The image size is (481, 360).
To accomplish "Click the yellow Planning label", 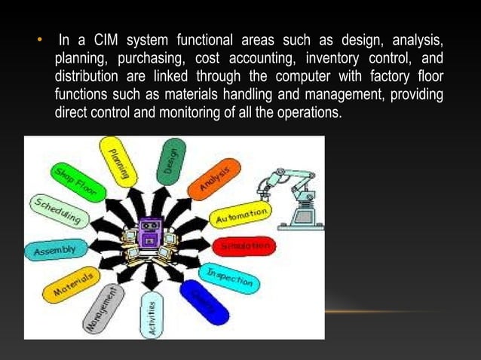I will point(118,162).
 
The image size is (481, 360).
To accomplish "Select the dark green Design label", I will point(170,160).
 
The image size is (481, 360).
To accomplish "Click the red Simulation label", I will point(244,246).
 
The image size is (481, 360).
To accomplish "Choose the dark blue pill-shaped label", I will point(204,302).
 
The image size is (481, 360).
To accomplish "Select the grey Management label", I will point(103,308).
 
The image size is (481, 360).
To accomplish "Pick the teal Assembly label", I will point(55,250).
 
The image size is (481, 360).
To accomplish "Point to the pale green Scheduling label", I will point(59,212).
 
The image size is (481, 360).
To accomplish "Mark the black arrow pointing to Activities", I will point(152,277).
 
